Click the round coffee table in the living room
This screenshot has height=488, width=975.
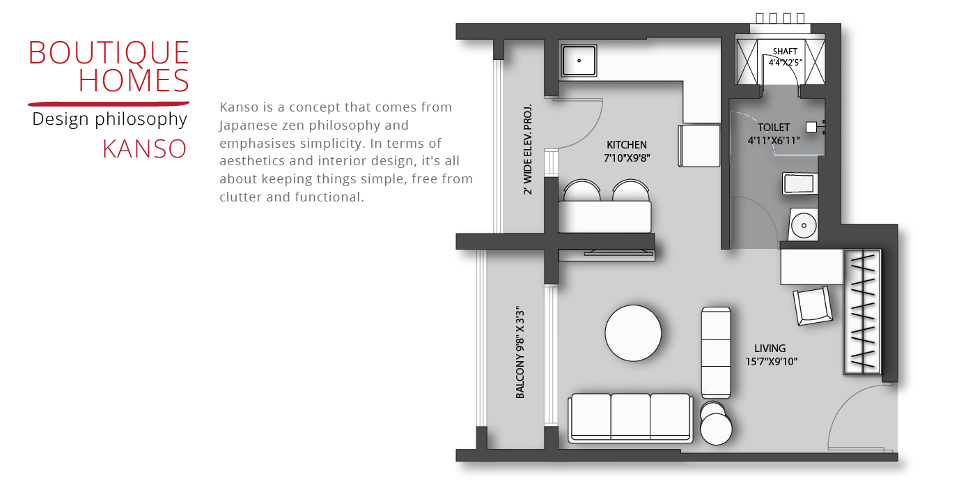coord(633,333)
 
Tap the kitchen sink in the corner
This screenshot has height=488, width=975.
coord(579,61)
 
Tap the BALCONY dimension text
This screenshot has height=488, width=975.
coord(520,352)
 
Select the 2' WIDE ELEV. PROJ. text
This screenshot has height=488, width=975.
coord(528,149)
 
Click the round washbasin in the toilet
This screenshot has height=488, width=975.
coord(804,224)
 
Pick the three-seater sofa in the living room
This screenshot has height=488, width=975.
coord(630,418)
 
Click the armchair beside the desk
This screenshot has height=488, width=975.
coord(813,305)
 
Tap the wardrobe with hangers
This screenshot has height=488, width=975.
coord(862,312)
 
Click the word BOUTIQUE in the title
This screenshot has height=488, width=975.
coord(109,53)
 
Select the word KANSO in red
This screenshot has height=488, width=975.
coord(145,149)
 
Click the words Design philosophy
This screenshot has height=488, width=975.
coord(110,119)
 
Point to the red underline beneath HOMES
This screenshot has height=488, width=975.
coord(109,104)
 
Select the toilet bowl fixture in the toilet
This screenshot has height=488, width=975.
coord(800,183)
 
